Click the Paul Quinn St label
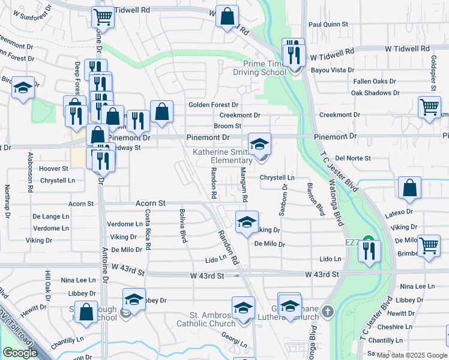pyautogui.click(x=328, y=25)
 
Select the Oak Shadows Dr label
pyautogui.click(x=375, y=93)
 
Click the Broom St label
pyautogui.click(x=228, y=126)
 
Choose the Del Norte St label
pyautogui.click(x=353, y=158)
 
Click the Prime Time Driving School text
pyautogui.click(x=264, y=68)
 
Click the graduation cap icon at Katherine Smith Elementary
pyautogui.click(x=260, y=144)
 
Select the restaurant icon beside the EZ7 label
pyautogui.click(x=369, y=250)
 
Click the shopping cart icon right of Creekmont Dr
pyautogui.click(x=429, y=107)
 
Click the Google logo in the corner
pyautogui.click(x=20, y=352)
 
